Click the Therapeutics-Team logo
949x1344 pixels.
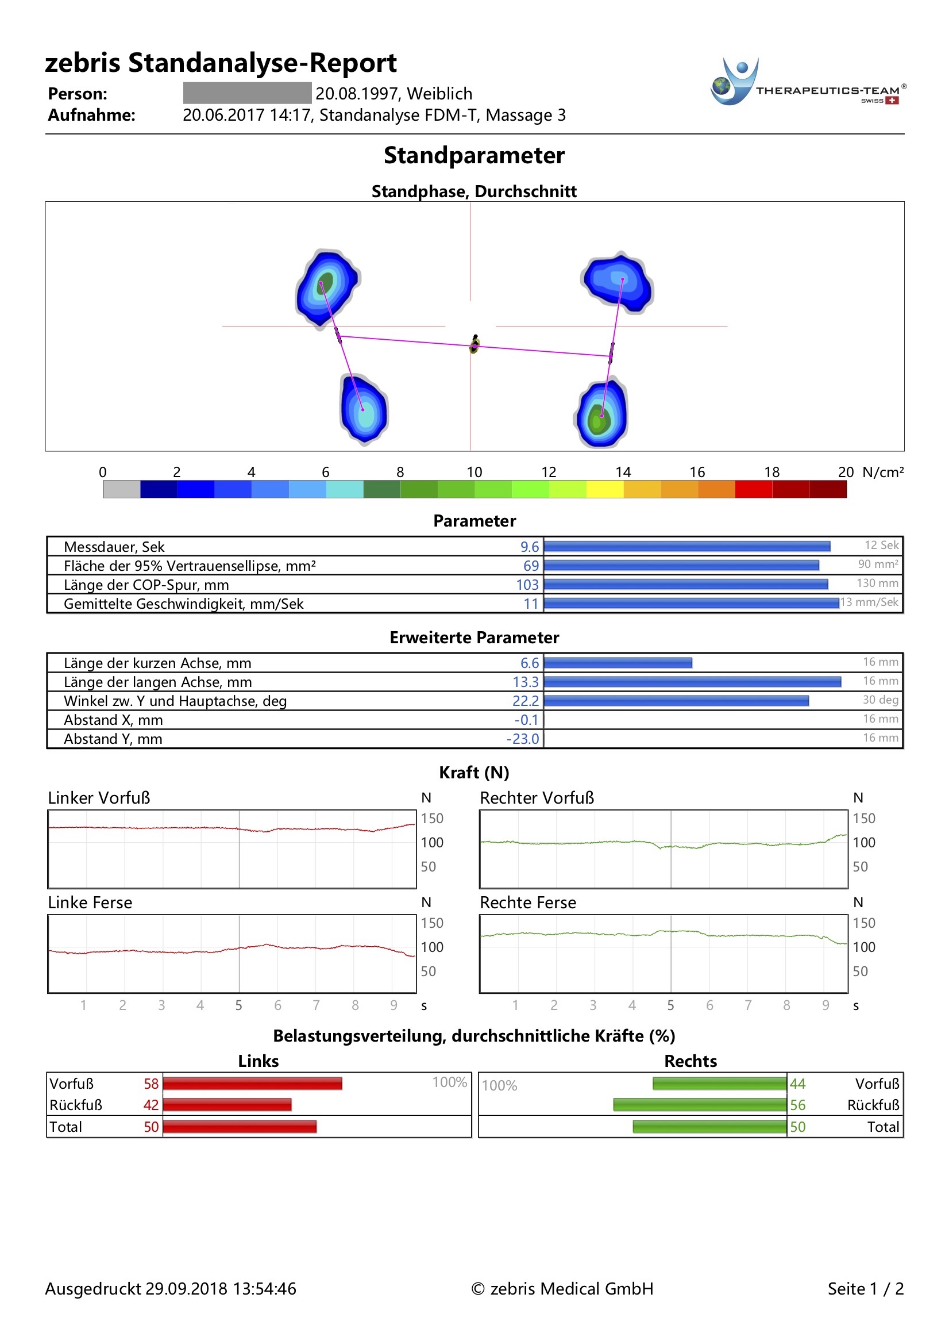(808, 83)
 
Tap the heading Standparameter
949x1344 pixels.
(474, 156)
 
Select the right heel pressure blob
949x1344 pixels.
(601, 414)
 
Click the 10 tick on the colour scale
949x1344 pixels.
(474, 472)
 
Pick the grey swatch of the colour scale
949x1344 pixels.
(121, 489)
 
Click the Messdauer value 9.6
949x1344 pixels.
(529, 547)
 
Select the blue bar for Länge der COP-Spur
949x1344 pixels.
(686, 584)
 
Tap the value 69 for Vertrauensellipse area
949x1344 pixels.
(531, 566)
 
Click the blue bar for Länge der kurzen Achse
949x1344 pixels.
(618, 663)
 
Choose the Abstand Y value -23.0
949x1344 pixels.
(523, 739)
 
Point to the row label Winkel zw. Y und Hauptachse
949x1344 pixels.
(175, 701)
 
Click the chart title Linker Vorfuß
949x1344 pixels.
(99, 798)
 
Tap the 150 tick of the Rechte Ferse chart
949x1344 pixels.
(863, 923)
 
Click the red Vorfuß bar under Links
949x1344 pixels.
(252, 1084)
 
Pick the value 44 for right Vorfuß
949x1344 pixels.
(797, 1084)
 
